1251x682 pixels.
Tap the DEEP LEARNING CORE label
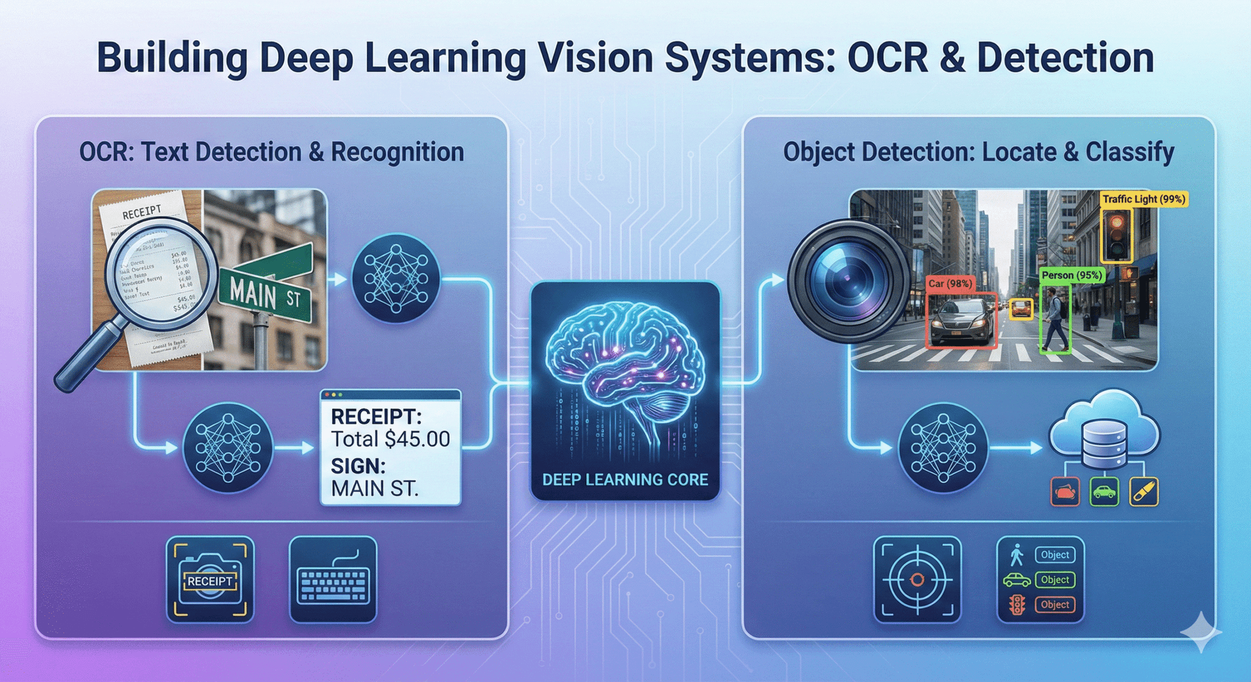(625, 479)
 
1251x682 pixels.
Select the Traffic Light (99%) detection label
(1143, 199)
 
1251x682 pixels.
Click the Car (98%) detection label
(950, 284)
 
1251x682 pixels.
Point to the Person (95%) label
(1071, 275)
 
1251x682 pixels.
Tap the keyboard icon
(333, 580)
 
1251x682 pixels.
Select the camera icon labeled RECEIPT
(210, 580)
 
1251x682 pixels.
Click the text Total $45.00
(390, 439)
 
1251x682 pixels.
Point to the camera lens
(848, 281)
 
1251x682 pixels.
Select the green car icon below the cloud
(1104, 492)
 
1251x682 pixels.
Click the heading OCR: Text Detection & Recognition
(272, 152)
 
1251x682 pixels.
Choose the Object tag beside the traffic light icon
(1055, 604)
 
